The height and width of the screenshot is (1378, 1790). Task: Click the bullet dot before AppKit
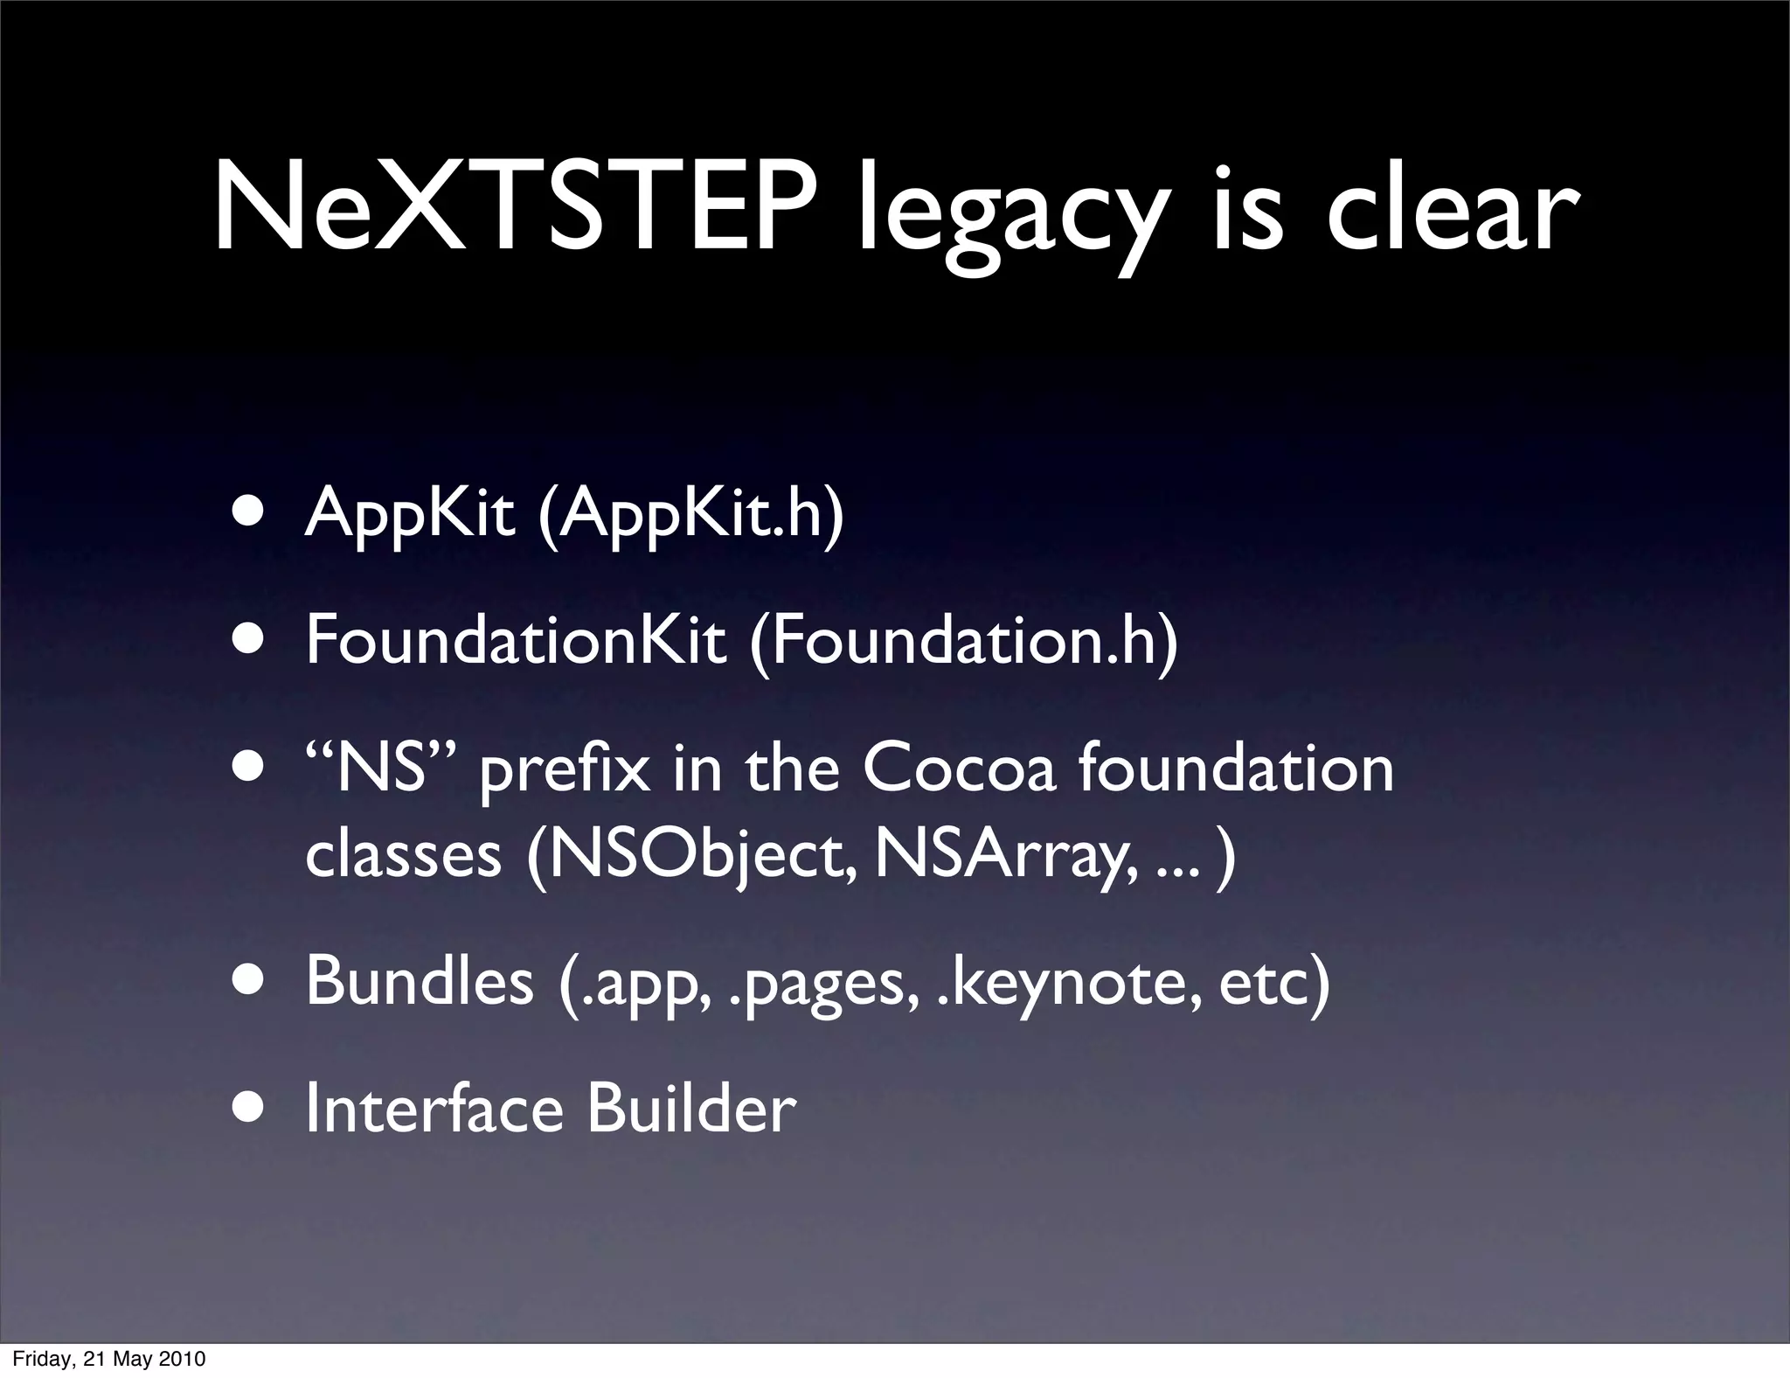[x=251, y=513]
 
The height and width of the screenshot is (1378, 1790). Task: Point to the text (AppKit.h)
[x=690, y=516]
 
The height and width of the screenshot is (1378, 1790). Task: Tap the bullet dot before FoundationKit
[x=251, y=641]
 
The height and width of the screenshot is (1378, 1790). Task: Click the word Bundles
[x=420, y=980]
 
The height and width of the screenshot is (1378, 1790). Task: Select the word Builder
[x=691, y=1109]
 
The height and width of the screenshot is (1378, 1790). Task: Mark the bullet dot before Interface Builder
[x=251, y=1109]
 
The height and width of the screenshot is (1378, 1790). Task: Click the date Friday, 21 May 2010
[x=109, y=1359]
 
